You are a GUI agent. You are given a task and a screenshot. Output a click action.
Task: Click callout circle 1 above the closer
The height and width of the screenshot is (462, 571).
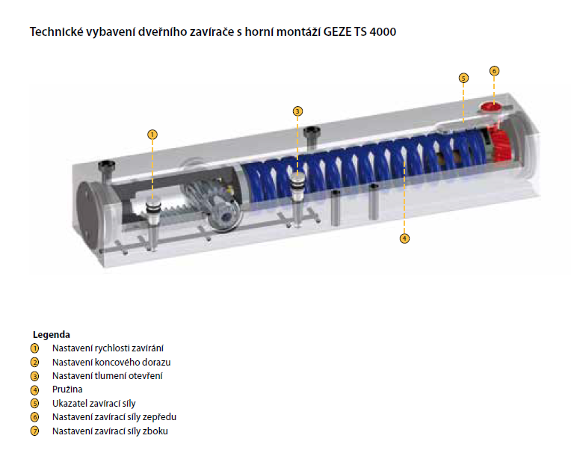click(152, 135)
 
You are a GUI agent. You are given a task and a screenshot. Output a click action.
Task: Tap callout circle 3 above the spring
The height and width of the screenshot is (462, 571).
click(297, 111)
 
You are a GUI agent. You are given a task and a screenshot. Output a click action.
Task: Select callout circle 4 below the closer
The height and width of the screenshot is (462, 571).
click(404, 238)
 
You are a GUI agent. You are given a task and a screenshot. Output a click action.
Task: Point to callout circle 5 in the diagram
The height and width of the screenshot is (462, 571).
click(463, 78)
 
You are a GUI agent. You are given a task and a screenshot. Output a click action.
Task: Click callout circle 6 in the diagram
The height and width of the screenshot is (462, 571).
click(494, 71)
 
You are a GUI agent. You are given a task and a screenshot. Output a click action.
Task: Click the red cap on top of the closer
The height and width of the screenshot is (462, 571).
click(490, 107)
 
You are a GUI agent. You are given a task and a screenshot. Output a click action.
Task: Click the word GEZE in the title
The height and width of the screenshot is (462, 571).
click(337, 32)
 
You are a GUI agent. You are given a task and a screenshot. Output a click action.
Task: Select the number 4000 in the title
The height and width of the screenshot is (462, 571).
click(383, 32)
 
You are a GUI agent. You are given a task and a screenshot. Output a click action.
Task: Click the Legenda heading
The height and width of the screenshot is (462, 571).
click(52, 334)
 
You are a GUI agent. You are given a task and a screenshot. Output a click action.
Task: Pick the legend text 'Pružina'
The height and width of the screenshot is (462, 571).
click(67, 389)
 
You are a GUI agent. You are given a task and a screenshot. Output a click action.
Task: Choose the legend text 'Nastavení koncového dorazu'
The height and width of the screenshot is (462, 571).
click(111, 362)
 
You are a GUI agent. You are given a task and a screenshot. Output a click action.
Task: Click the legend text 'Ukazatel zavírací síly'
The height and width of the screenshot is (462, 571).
click(94, 404)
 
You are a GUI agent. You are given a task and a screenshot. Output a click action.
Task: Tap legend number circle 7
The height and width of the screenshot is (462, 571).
click(34, 431)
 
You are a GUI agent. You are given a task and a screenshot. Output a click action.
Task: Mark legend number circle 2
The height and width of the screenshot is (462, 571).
click(34, 363)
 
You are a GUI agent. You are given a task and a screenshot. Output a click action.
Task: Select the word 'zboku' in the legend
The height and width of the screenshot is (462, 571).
click(155, 431)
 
